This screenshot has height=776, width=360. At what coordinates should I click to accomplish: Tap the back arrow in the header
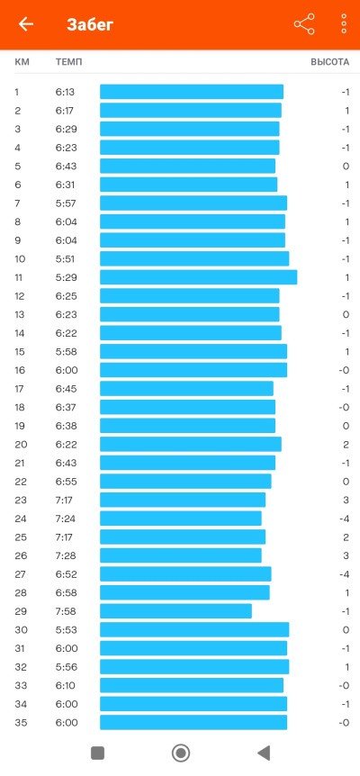point(26,24)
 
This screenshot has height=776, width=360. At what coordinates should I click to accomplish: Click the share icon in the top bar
point(304,24)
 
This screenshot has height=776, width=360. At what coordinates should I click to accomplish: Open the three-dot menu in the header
point(344,23)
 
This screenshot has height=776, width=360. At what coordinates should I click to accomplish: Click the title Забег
point(90,24)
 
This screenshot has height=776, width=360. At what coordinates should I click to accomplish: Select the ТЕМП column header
point(68,62)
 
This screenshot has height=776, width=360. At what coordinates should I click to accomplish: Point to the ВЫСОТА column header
point(329,62)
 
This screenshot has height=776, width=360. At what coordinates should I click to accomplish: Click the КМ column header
point(22,62)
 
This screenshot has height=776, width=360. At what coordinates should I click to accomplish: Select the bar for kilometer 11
point(198,277)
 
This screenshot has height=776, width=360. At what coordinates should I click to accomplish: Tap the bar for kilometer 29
point(175,611)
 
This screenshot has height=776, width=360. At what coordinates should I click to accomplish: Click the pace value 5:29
point(67,277)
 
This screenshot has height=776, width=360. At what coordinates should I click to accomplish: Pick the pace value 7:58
point(67,611)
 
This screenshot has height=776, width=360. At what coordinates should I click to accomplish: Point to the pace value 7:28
point(67,555)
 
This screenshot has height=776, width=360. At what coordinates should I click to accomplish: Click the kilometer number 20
point(21,445)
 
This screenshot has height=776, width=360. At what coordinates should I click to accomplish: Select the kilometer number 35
point(21,723)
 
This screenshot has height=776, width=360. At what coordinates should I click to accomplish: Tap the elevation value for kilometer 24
point(345,519)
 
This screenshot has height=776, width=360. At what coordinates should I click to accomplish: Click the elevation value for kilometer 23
point(346,501)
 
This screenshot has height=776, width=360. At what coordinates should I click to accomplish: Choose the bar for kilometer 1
point(192,92)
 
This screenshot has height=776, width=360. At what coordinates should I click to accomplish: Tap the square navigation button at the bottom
point(97,753)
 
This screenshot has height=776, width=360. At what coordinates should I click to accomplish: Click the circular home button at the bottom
point(181,753)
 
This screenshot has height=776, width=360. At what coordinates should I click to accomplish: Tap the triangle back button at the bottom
point(264,753)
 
